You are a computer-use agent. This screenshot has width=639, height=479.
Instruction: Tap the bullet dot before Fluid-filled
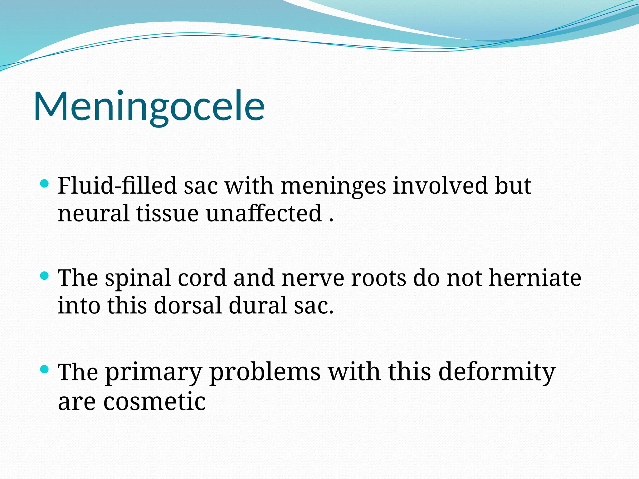click(45, 183)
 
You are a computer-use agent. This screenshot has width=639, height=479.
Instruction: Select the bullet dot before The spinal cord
click(45, 276)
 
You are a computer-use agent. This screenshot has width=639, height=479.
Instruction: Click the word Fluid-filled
click(117, 186)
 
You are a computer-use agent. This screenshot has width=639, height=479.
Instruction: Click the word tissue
click(167, 214)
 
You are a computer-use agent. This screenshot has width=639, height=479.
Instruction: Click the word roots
click(378, 278)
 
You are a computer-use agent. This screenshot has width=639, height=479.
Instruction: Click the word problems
click(265, 372)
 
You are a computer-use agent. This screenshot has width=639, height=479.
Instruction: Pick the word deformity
click(497, 372)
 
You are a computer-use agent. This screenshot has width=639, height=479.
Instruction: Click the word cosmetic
click(154, 402)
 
